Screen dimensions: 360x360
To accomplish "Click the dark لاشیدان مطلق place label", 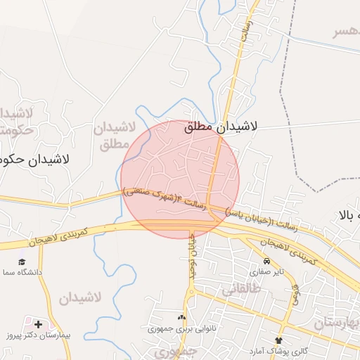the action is point(221,127).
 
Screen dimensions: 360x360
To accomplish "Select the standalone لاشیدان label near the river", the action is point(79,297).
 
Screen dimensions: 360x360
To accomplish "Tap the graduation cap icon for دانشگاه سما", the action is point(22,261).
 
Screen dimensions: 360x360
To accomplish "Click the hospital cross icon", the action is point(37,325).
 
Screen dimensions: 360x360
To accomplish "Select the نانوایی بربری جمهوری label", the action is point(180,328).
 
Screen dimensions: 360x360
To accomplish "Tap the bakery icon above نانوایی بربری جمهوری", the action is point(182,318).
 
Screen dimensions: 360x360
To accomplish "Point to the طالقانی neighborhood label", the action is point(241,288).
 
